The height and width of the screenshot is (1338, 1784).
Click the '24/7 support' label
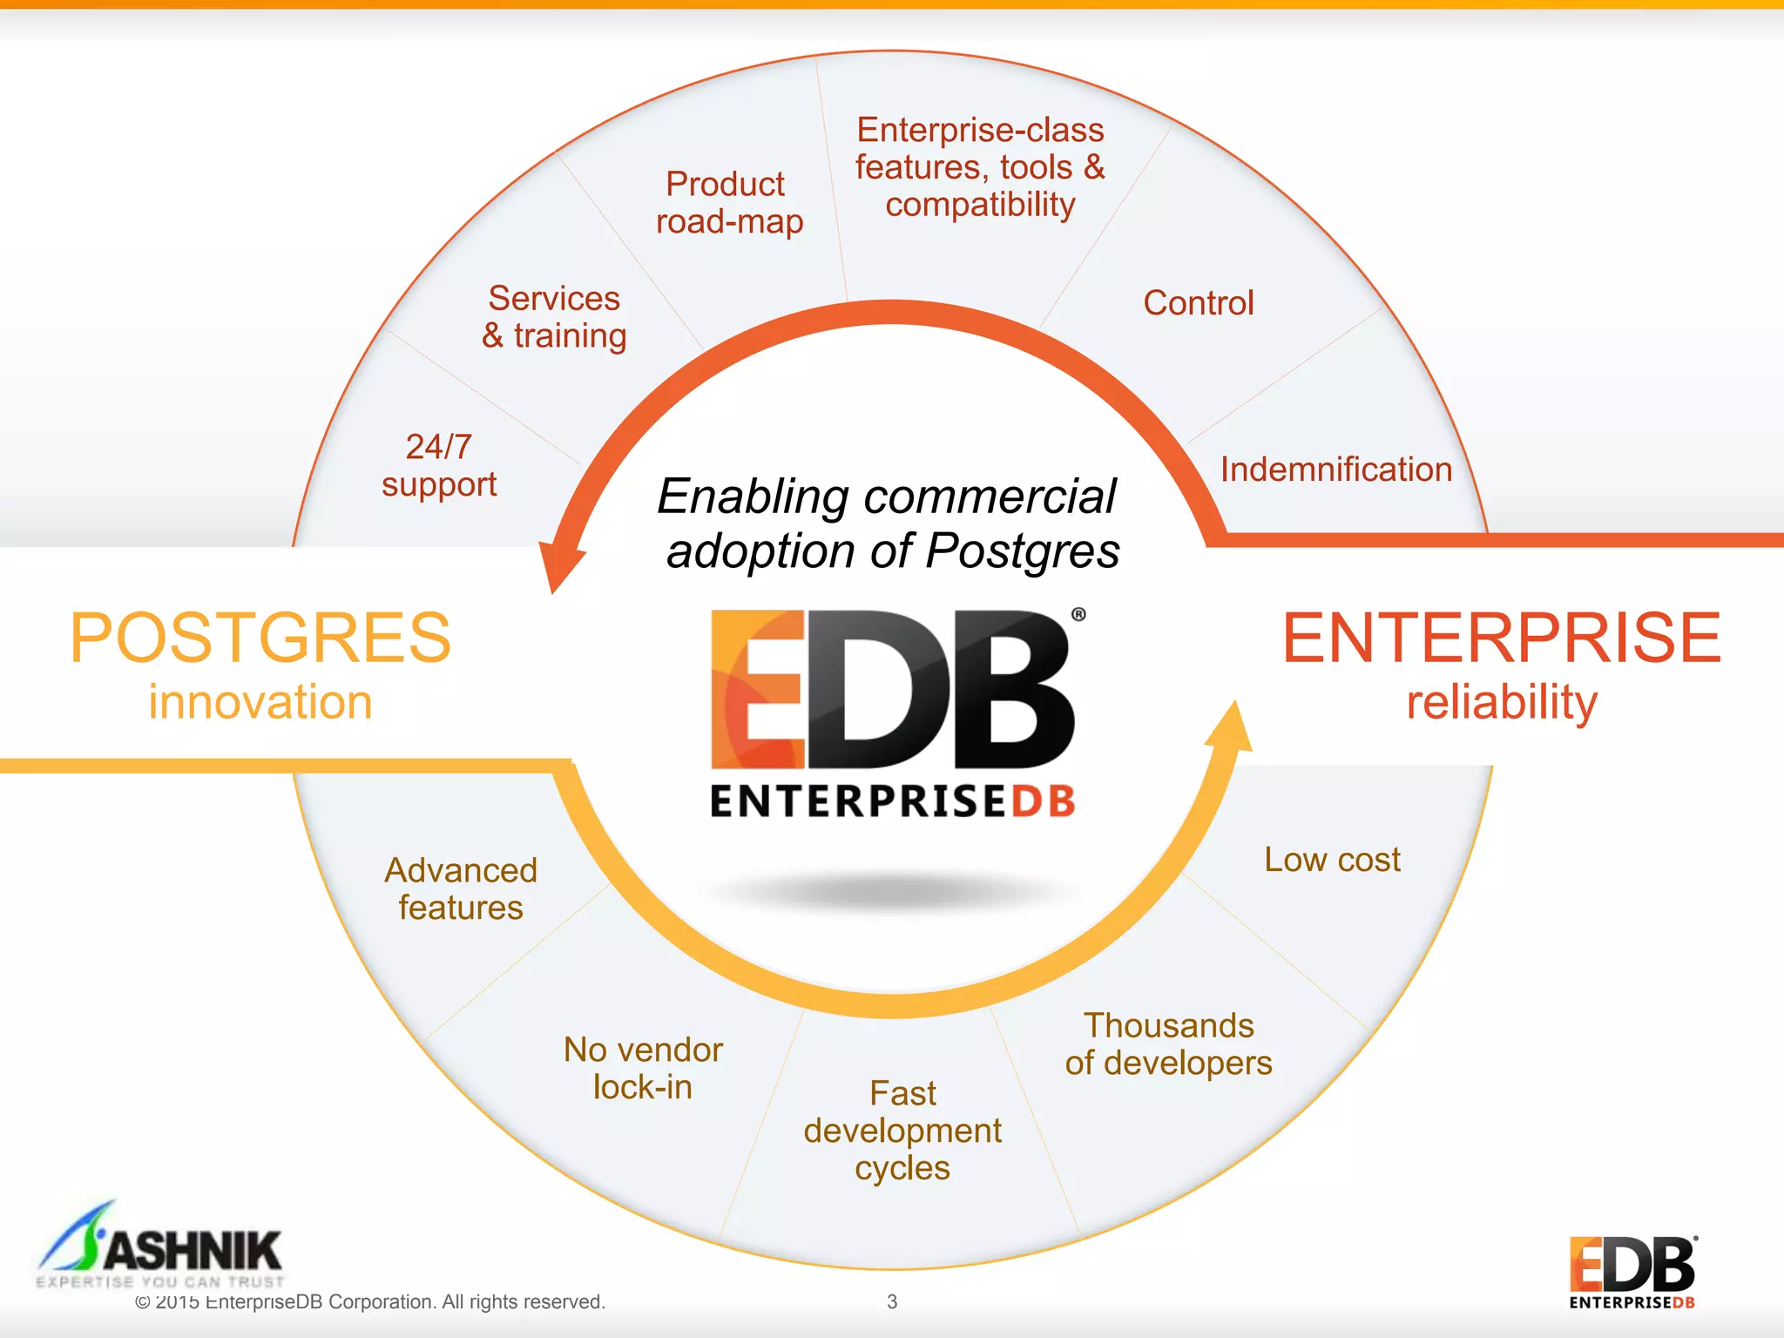pyautogui.click(x=439, y=466)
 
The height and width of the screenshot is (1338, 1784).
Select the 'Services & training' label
pyautogui.click(x=555, y=317)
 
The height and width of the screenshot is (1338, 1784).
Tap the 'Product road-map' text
pyautogui.click(x=728, y=203)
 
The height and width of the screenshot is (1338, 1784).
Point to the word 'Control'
pyautogui.click(x=1199, y=303)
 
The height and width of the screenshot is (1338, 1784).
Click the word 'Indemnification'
pyautogui.click(x=1335, y=470)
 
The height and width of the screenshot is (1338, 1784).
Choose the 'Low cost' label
pyautogui.click(x=1332, y=860)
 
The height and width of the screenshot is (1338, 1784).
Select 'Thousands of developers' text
pyautogui.click(x=1168, y=1044)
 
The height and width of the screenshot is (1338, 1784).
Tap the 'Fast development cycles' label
pyautogui.click(x=902, y=1130)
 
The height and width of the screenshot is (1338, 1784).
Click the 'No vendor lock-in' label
pyautogui.click(x=643, y=1068)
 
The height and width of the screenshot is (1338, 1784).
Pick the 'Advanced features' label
pyautogui.click(x=461, y=889)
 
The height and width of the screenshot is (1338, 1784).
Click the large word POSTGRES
pyautogui.click(x=260, y=638)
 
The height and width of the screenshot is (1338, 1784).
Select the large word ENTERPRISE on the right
pyautogui.click(x=1502, y=638)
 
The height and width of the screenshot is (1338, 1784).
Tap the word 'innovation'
pyautogui.click(x=260, y=702)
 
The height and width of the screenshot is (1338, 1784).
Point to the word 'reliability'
pyautogui.click(x=1502, y=702)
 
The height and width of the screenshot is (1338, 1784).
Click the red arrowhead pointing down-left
pyautogui.click(x=559, y=564)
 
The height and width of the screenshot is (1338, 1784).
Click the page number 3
pyautogui.click(x=892, y=1301)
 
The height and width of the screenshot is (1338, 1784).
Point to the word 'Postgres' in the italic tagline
pyautogui.click(x=1023, y=551)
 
